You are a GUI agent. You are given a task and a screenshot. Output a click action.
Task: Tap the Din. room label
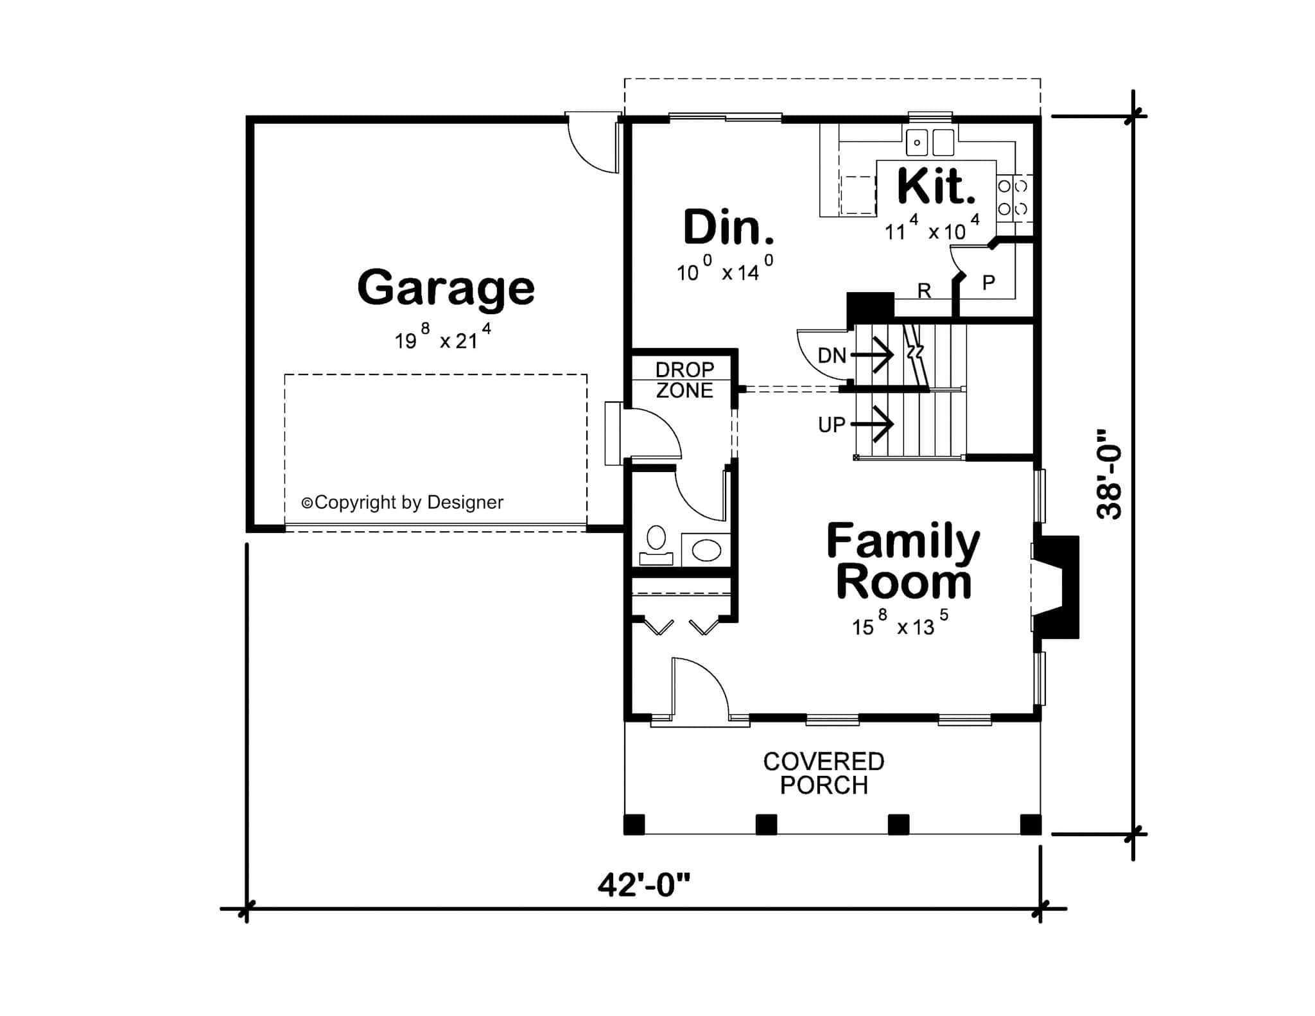728,228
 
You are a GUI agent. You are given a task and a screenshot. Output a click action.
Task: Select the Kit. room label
936,186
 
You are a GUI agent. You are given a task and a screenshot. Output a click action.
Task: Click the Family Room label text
903,561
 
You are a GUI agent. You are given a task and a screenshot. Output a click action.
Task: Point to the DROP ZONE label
684,380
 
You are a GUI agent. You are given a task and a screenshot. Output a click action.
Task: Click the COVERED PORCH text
824,773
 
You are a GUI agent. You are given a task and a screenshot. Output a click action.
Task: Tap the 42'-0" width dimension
643,886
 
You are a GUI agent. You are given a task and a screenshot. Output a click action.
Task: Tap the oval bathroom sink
706,550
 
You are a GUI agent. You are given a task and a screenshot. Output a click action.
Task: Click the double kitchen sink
930,142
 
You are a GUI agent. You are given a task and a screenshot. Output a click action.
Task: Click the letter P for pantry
989,282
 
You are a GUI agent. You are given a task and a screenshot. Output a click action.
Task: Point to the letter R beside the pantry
924,291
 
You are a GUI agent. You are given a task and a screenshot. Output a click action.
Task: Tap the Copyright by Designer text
403,502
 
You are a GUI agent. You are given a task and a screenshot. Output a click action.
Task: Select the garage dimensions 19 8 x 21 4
443,338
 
